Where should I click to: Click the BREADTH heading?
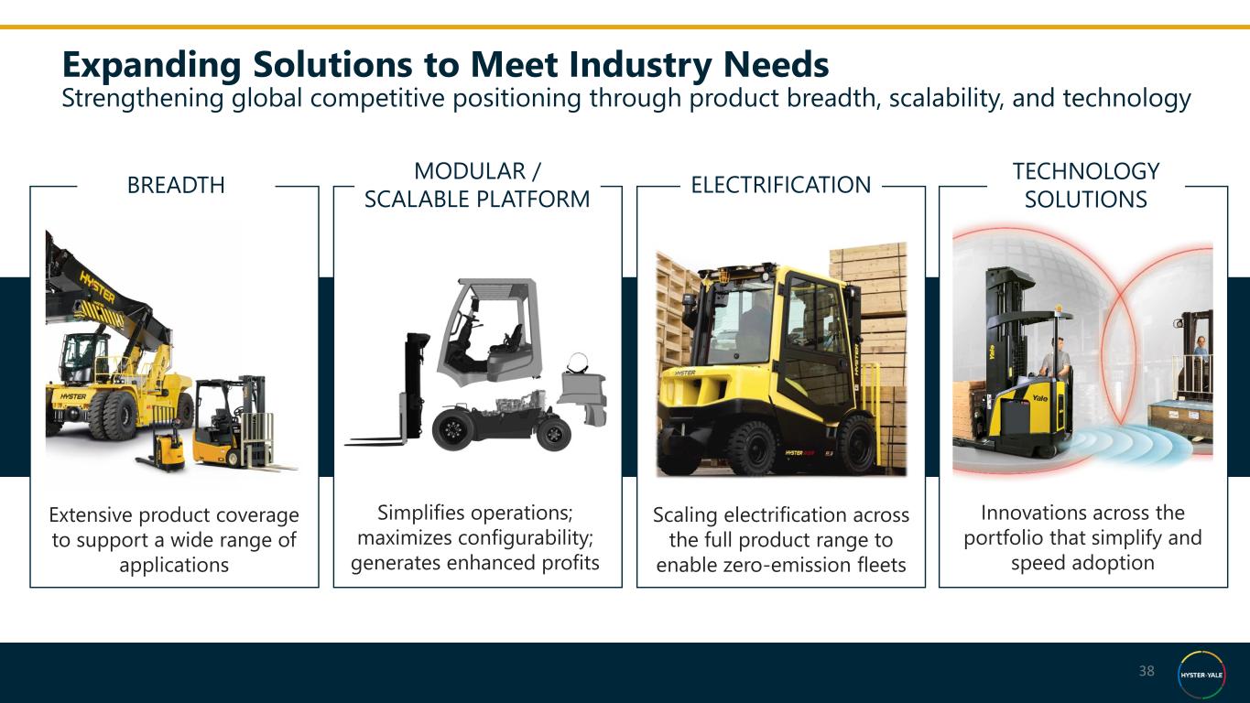point(176,185)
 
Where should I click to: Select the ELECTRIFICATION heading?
point(781,185)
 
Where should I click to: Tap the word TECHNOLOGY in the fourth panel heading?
point(1086,171)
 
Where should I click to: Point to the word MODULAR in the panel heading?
point(469,171)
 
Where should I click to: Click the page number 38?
point(1147,671)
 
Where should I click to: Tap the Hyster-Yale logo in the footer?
point(1201,674)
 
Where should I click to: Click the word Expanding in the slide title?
point(152,65)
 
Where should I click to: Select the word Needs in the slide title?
point(777,65)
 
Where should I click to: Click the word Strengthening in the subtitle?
point(143,99)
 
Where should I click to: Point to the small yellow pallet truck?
point(162,447)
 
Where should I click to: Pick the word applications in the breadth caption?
point(174,566)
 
